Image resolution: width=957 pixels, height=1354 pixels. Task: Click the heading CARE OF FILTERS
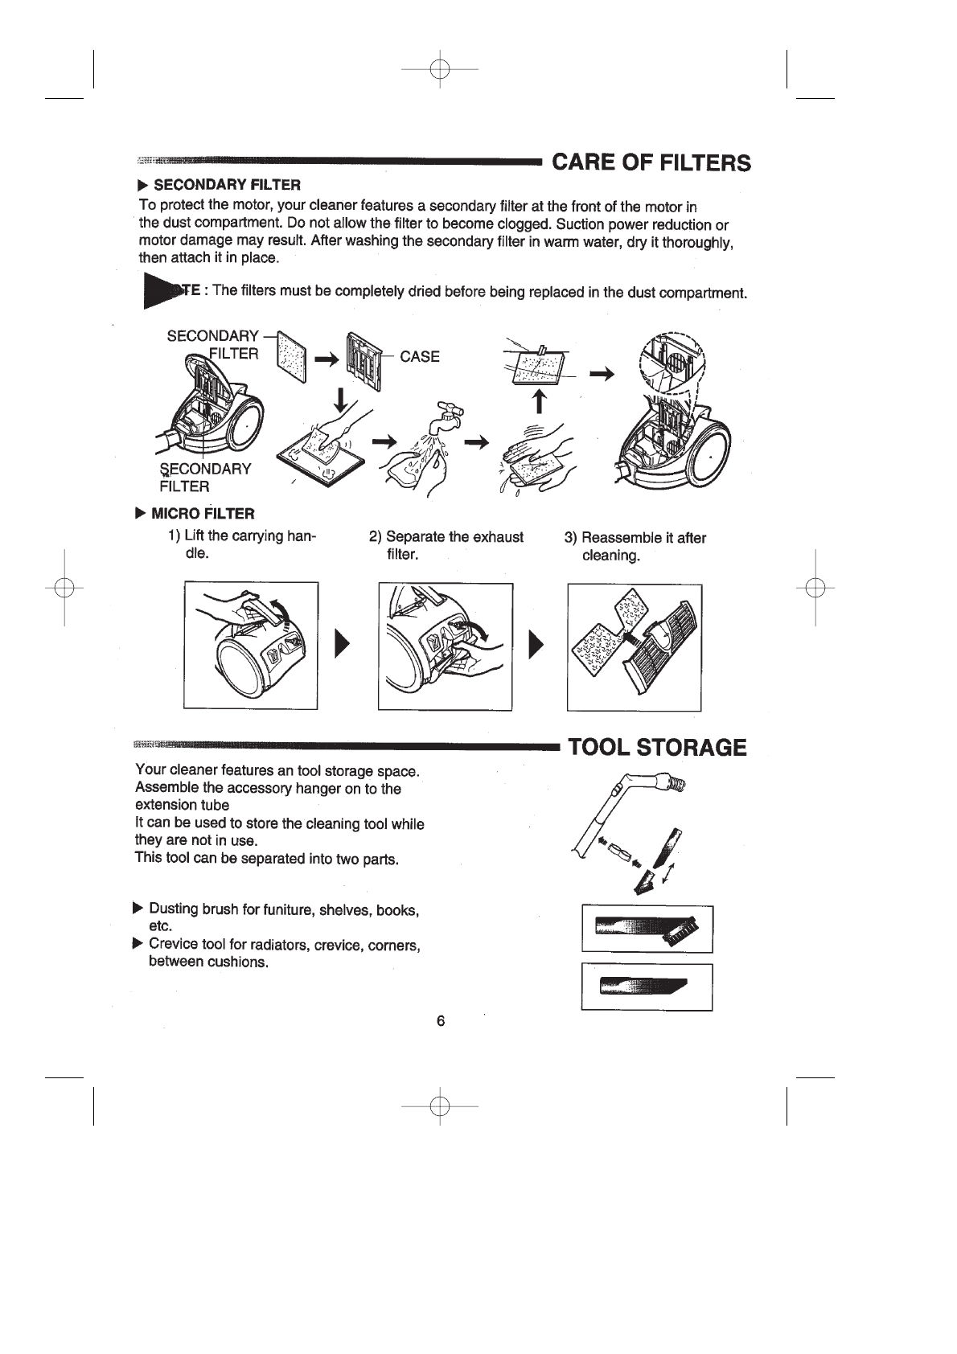[x=651, y=163]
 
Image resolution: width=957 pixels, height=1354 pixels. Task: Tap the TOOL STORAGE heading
[x=657, y=748]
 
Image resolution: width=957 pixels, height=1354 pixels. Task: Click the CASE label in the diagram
[x=420, y=357]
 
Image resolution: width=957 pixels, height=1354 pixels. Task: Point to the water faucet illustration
[x=444, y=416]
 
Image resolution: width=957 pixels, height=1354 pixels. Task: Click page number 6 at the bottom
[x=440, y=1021]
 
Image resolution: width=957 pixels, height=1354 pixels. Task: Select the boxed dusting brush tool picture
[x=647, y=929]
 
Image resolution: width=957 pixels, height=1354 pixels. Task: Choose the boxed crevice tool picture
[x=647, y=987]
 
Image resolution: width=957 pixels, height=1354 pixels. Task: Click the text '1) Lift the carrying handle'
[x=241, y=544]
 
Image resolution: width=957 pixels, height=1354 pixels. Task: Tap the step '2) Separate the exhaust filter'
[x=446, y=545]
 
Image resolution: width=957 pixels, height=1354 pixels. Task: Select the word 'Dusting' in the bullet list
[x=174, y=909]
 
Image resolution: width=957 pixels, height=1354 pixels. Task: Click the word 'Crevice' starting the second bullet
[x=172, y=944]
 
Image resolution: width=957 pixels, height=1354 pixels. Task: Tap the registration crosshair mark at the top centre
[x=440, y=70]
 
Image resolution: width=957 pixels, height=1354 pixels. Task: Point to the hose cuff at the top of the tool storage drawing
[x=671, y=781]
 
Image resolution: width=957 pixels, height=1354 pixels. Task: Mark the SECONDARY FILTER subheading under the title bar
[x=227, y=186]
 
